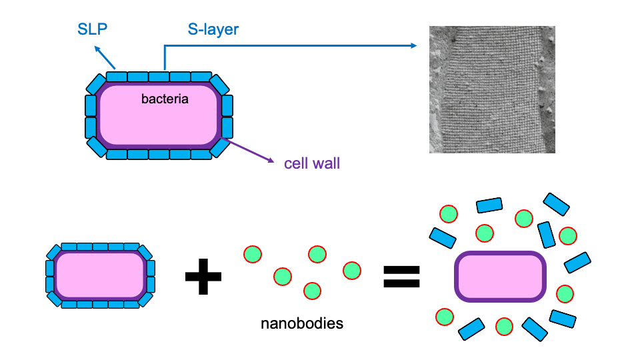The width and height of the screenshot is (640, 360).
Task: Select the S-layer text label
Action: (213, 29)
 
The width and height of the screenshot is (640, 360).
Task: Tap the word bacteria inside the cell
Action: (165, 100)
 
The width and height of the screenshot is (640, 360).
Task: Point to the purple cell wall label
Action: (311, 163)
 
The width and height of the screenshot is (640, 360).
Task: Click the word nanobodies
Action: (301, 325)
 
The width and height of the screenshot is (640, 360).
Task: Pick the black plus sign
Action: (203, 276)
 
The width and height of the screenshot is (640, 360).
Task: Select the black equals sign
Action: (402, 276)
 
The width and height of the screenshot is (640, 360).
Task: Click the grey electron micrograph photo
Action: (492, 90)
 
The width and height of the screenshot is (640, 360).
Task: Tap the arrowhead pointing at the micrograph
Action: (413, 45)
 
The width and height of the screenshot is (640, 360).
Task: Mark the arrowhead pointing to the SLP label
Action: (97, 49)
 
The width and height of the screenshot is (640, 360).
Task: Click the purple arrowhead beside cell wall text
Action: (271, 161)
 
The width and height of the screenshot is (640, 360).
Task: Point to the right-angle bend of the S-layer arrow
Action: (165, 45)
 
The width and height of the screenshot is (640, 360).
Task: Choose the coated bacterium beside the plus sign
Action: (100, 275)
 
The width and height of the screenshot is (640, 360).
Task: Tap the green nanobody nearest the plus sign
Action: (253, 255)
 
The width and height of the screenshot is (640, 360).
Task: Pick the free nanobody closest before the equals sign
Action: (352, 270)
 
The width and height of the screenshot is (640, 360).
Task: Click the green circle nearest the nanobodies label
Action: (311, 291)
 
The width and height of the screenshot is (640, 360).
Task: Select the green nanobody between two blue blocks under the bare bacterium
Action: (504, 326)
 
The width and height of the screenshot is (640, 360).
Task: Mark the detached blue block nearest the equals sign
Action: (442, 237)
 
